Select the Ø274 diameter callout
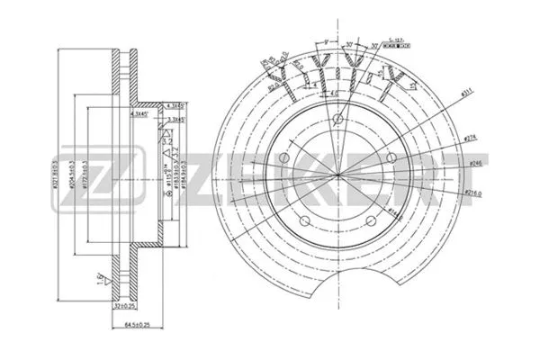point(471,138)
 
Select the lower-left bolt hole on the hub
point(307,218)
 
